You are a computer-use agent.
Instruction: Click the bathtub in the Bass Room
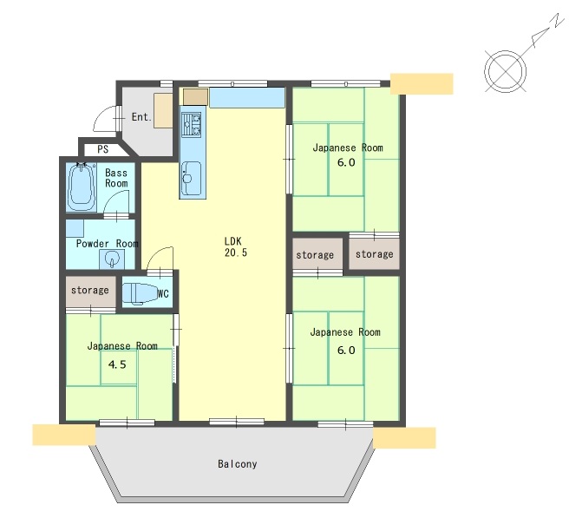81,187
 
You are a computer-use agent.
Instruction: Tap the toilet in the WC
140,294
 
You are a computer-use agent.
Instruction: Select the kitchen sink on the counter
192,178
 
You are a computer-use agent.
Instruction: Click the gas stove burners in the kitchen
192,125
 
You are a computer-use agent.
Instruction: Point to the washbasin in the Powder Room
112,259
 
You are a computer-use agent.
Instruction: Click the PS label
103,149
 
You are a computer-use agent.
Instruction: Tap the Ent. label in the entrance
141,117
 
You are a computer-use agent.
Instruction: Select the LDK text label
232,240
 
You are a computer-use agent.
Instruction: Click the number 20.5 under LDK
235,252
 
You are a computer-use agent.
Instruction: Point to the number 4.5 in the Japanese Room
117,364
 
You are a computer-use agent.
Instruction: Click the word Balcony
237,464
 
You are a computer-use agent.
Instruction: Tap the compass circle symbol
505,71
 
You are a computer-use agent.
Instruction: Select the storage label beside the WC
90,290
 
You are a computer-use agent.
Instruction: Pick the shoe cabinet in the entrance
163,111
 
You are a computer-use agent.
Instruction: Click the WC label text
163,294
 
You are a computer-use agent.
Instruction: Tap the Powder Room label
107,244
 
